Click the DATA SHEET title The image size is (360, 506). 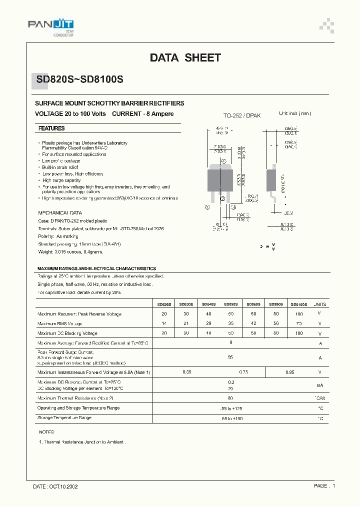click(185, 58)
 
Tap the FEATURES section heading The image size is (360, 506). click(52, 128)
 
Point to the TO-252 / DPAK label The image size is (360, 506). click(242, 115)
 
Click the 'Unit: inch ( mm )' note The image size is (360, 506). click(294, 113)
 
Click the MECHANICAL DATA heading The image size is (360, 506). click(60, 212)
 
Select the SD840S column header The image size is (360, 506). click(209, 303)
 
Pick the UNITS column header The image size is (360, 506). click(320, 303)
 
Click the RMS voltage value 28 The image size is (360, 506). click(209, 323)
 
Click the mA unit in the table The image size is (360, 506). click(320, 385)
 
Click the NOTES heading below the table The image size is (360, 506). click(46, 431)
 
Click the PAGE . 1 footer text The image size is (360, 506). click(324, 486)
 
